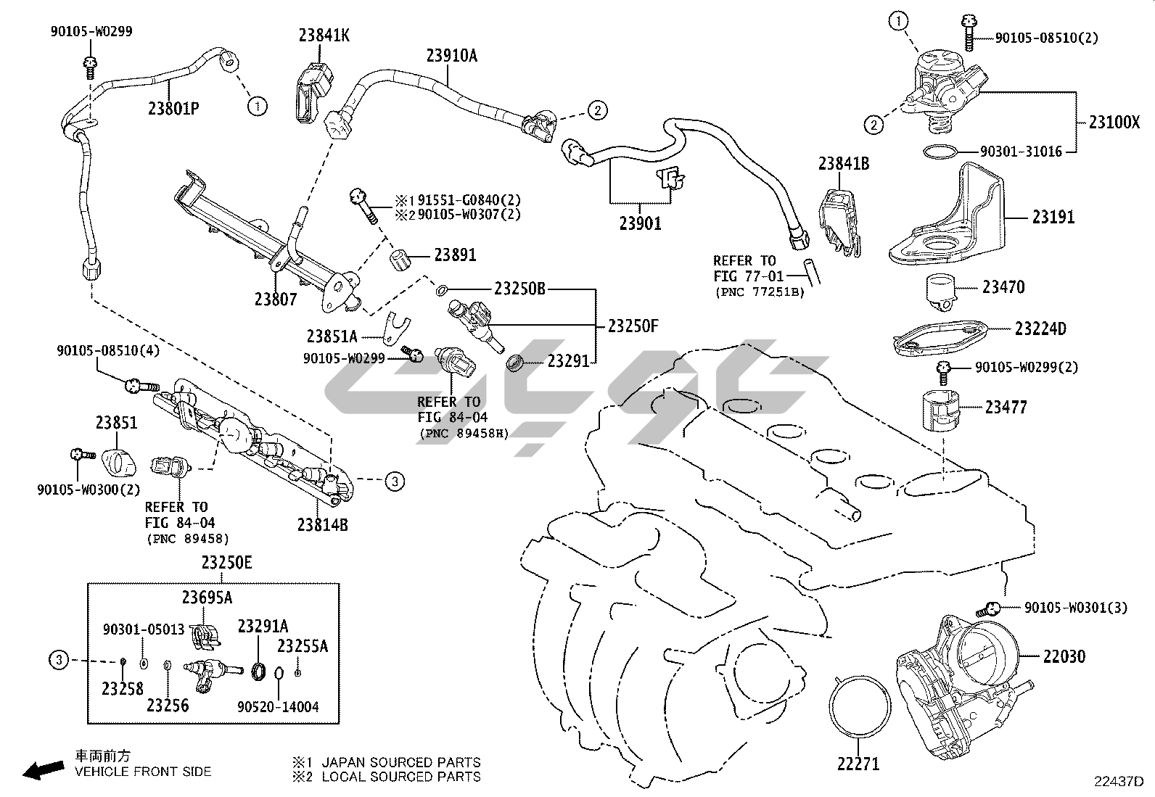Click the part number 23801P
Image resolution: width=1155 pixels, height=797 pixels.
click(173, 109)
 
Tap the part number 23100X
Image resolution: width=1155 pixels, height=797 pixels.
click(1114, 122)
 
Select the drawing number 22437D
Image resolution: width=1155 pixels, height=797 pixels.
click(1119, 782)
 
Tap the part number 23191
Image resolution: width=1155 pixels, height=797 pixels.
click(1053, 217)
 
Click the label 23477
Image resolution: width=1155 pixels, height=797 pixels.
click(1006, 408)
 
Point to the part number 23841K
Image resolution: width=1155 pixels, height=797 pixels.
click(324, 35)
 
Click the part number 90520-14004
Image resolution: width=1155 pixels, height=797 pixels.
click(278, 706)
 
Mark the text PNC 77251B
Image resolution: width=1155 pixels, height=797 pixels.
click(760, 292)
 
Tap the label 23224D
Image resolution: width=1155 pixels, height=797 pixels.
click(1040, 329)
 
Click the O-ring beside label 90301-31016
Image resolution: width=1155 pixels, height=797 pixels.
click(941, 152)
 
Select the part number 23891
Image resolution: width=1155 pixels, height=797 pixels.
click(455, 255)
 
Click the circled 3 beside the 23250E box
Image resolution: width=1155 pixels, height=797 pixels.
click(59, 660)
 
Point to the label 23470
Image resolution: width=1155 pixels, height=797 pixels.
click(1003, 288)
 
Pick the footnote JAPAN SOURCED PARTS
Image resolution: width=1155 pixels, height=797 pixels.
click(400, 762)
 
